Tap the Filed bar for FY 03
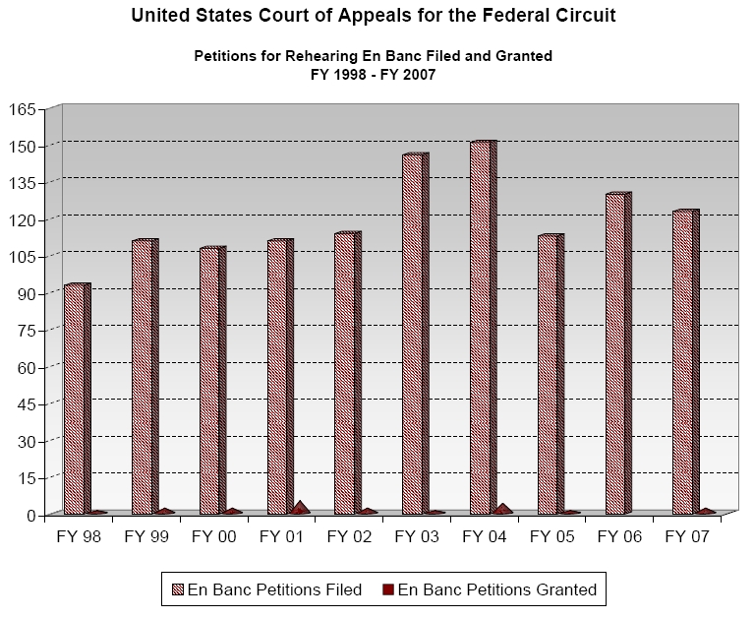pyautogui.click(x=412, y=334)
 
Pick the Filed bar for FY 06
pyautogui.click(x=614, y=353)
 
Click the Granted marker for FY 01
pyautogui.click(x=299, y=509)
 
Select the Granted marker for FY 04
pyautogui.click(x=502, y=509)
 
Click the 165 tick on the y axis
pyautogui.click(x=23, y=108)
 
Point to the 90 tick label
pyautogui.click(x=27, y=293)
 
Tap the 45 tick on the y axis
pyautogui.click(x=27, y=404)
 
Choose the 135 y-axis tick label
pyautogui.click(x=23, y=182)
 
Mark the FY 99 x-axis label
pyautogui.click(x=148, y=536)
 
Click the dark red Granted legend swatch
pyautogui.click(x=389, y=590)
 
